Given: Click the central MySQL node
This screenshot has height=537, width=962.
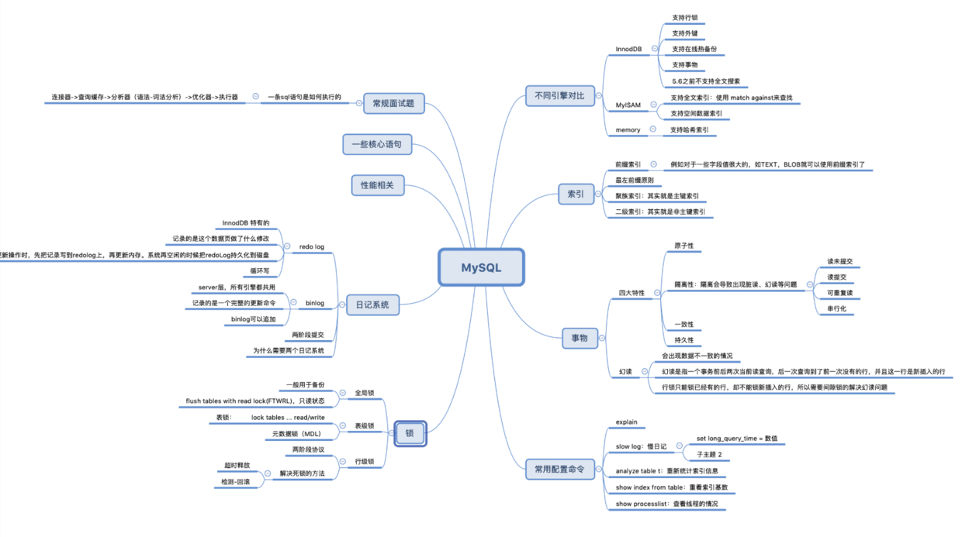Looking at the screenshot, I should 481,268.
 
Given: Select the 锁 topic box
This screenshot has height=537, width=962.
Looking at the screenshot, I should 410,433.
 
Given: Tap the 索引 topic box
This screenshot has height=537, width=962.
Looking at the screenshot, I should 576,194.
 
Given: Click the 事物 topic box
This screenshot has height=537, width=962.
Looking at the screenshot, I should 580,338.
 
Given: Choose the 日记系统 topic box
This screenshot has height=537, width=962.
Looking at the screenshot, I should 372,305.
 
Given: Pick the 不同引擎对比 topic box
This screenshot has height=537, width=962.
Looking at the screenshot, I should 559,96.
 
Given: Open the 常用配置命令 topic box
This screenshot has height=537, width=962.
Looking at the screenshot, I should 559,469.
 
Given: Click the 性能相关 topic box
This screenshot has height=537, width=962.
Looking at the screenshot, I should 378,185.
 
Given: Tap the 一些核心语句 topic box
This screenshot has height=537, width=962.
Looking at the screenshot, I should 377,144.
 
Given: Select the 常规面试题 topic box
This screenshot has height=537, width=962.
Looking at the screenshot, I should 393,103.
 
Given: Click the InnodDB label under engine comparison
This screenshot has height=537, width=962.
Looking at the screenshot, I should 628,49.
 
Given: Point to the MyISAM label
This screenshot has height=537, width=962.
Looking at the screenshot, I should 628,105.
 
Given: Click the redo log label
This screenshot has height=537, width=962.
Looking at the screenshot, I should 310,246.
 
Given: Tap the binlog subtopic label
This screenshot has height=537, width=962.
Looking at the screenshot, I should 315,303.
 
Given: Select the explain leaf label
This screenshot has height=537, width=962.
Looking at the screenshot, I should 626,422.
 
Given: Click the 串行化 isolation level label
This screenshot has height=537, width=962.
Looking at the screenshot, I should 836,308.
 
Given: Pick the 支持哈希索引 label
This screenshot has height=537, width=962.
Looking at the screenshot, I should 690,130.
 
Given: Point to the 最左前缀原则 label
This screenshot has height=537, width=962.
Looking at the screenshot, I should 634,181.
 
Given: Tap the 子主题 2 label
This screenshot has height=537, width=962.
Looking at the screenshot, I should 709,454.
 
